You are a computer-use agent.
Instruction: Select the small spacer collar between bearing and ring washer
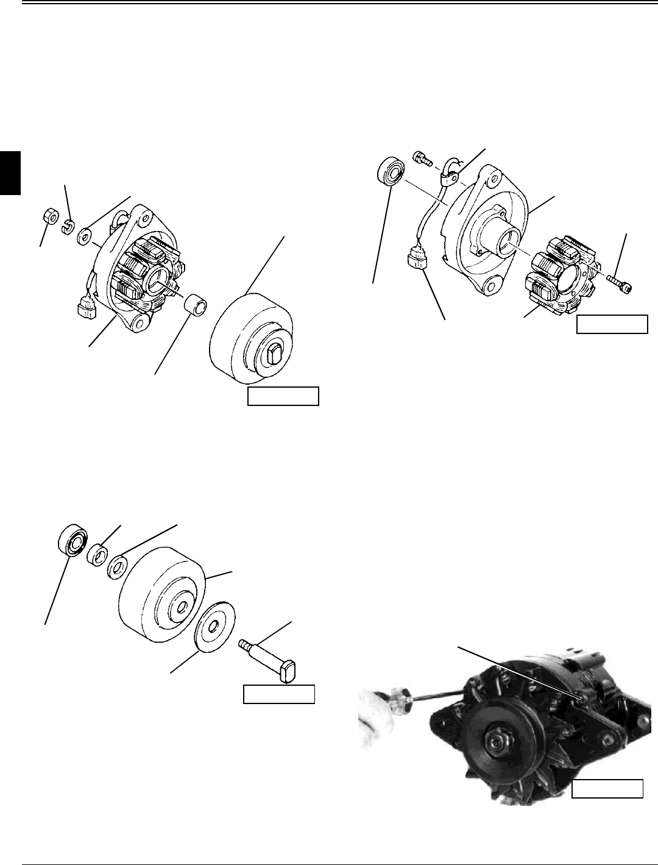[x=97, y=556]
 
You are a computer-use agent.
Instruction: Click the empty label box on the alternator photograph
[x=607, y=789]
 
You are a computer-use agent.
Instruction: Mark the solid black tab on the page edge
[x=10, y=173]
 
